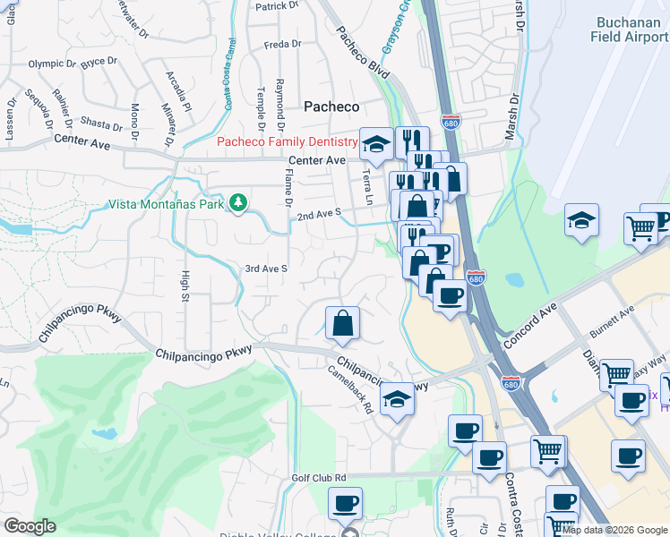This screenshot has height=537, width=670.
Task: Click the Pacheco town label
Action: click(x=331, y=106)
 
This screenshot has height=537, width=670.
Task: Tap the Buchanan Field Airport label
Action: click(x=630, y=30)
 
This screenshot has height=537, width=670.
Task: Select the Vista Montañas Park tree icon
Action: click(x=238, y=203)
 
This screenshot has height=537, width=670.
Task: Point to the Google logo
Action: click(x=30, y=525)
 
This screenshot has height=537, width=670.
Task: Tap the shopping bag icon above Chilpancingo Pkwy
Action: click(x=342, y=323)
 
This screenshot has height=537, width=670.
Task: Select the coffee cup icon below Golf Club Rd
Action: click(x=346, y=504)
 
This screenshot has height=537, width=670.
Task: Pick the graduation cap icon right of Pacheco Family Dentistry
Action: click(x=377, y=142)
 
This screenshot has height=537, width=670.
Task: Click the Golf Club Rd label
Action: click(x=319, y=478)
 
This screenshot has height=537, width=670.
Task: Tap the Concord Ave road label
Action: click(x=530, y=323)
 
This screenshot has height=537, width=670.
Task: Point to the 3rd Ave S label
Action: click(x=266, y=268)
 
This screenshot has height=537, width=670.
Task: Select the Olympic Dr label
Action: click(x=52, y=64)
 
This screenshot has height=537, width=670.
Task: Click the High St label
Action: click(x=186, y=286)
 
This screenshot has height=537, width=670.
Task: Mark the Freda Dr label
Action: click(x=282, y=44)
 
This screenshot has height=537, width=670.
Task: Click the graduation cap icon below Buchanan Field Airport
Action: click(x=581, y=220)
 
